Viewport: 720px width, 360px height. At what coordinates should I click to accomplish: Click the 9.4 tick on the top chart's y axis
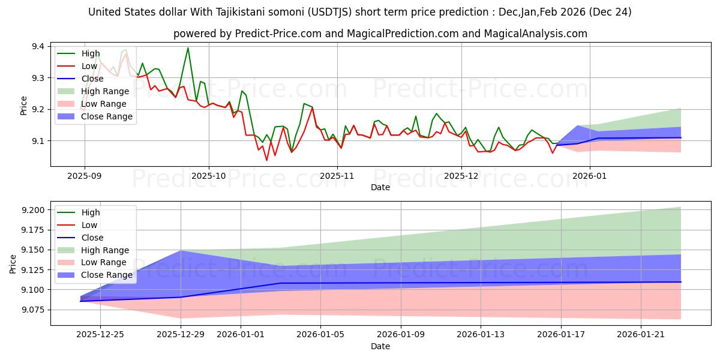point(37,47)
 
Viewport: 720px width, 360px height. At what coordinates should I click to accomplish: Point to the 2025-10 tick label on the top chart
point(209,176)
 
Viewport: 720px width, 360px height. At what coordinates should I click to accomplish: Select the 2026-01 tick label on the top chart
point(590,176)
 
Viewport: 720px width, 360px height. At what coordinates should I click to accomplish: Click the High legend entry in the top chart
point(91,53)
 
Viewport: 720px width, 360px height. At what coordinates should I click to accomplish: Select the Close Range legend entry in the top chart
point(107,116)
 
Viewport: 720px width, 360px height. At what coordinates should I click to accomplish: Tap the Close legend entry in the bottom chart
point(92,238)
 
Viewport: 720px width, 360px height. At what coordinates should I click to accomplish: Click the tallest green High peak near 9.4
point(188,48)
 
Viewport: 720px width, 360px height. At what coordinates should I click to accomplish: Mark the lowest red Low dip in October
point(266,160)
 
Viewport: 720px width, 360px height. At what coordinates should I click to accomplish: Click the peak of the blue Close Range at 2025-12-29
point(181,251)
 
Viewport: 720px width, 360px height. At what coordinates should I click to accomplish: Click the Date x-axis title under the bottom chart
point(380,346)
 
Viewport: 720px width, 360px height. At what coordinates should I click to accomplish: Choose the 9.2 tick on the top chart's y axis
point(37,109)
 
